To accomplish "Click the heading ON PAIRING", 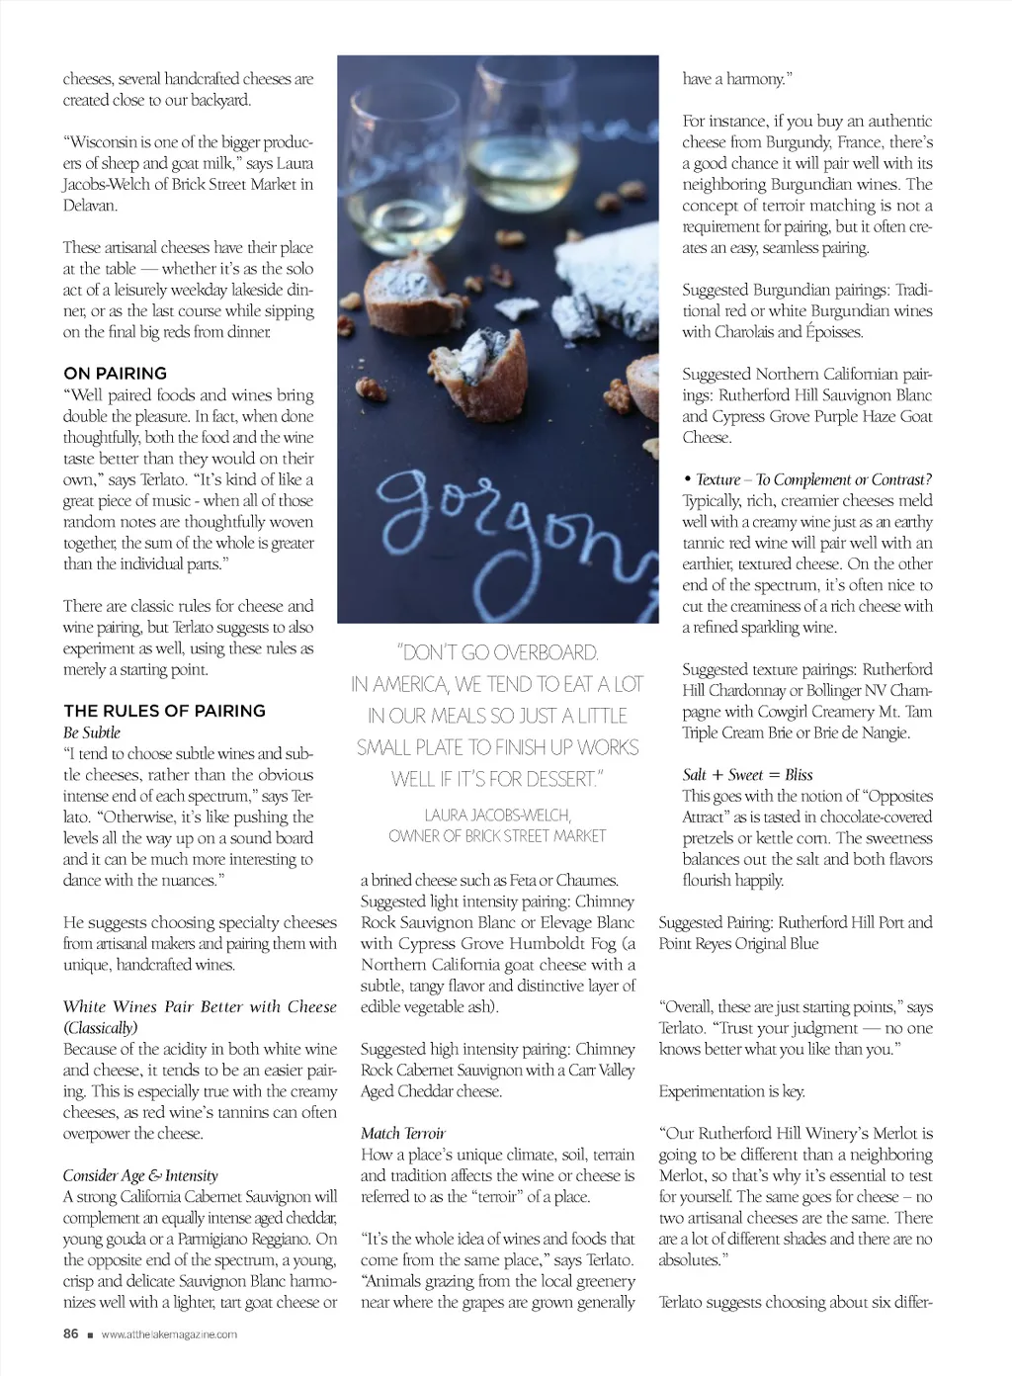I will click(115, 374).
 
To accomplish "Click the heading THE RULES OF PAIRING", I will click(164, 711).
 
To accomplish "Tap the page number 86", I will click(70, 1333).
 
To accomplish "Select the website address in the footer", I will click(169, 1334).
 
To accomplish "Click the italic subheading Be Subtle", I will click(92, 732).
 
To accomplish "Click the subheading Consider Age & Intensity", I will click(140, 1176).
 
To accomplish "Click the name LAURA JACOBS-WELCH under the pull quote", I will click(497, 815).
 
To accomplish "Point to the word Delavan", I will click(90, 206).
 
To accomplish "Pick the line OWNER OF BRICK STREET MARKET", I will click(497, 836).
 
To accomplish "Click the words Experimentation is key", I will click(731, 1091).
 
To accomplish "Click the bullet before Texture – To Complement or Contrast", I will click(687, 479).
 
